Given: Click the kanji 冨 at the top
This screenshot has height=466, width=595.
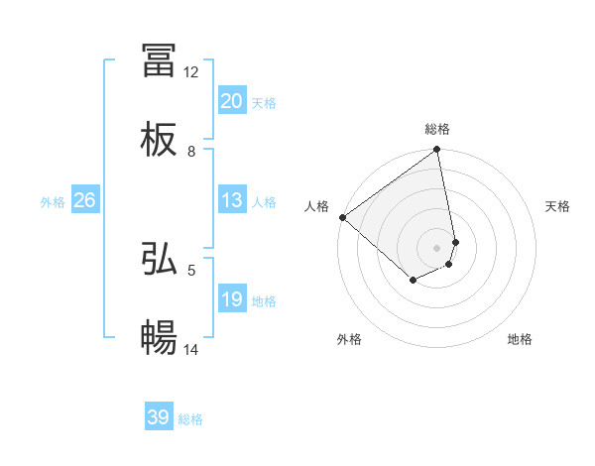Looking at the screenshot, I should [x=159, y=60].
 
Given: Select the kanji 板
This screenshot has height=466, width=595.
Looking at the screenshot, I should [x=159, y=140].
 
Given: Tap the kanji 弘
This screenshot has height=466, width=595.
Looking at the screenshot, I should [x=159, y=259].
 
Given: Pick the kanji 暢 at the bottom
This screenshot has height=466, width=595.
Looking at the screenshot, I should [x=159, y=338].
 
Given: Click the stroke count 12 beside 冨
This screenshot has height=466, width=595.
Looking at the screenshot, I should [x=191, y=72].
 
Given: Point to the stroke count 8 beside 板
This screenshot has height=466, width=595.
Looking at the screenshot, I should [x=191, y=152].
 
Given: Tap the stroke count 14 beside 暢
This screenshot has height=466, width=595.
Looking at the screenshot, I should [x=191, y=349].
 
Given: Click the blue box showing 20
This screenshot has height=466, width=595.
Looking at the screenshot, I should [x=232, y=101].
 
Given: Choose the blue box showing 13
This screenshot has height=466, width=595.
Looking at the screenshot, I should [x=232, y=200].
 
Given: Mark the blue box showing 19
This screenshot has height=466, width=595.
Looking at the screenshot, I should [x=232, y=299].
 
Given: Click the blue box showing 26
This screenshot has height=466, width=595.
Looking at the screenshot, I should [x=84, y=200].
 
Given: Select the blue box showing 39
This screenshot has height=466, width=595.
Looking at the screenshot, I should [x=159, y=417].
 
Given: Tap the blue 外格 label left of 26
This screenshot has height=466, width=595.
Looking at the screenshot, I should [x=53, y=202].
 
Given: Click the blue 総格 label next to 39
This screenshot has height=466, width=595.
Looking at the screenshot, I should [x=190, y=419].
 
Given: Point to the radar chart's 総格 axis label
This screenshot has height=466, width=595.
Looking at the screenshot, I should [x=437, y=129].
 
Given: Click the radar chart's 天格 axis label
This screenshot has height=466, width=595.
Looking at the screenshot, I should [x=558, y=206].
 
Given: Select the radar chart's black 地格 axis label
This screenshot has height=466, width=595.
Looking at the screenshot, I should [x=520, y=339].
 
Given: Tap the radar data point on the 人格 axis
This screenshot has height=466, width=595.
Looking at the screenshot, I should [x=342, y=217].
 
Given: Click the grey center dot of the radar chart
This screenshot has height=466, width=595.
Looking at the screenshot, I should [x=437, y=247].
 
